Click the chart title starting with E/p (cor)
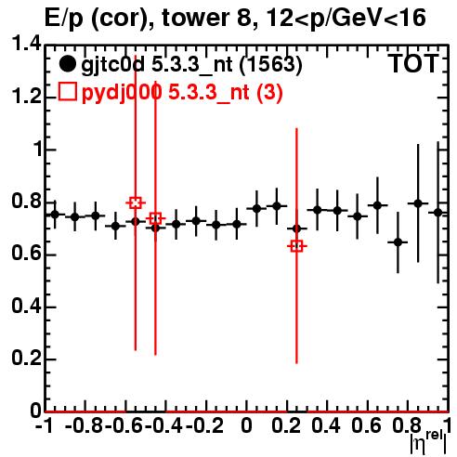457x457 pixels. click(x=235, y=18)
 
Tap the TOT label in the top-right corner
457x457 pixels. click(x=413, y=64)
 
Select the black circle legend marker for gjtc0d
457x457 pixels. click(x=67, y=64)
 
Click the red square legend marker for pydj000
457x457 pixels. click(x=67, y=91)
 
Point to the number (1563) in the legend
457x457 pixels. click(x=271, y=65)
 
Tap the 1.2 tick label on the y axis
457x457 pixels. click(x=26, y=97)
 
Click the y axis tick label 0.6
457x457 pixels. click(x=26, y=254)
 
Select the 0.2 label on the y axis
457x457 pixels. click(x=26, y=359)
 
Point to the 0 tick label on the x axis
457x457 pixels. click(x=246, y=425)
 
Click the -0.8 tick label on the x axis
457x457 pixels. click(x=84, y=425)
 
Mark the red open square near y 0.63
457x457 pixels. click(x=296, y=246)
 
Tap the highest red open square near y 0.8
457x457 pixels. click(x=136, y=203)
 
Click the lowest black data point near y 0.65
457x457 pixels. click(x=398, y=242)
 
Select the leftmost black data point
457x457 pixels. click(x=55, y=215)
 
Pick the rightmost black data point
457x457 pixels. click(x=437, y=213)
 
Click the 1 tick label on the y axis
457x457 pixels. click(x=38, y=149)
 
